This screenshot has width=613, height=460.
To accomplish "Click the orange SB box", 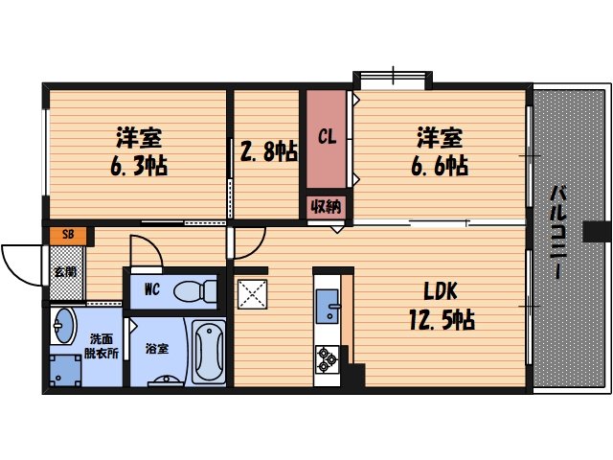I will point(67,234).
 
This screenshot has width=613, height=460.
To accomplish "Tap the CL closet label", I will point(327,136).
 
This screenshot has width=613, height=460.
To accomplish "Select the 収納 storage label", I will point(327,205).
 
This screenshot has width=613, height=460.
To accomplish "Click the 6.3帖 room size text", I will point(139,167).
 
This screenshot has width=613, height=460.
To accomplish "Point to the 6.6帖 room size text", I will point(440,166).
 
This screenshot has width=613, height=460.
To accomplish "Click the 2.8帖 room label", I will point(267,151).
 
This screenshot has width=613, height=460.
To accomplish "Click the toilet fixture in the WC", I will point(195,287).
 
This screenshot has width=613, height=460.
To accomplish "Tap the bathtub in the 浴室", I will point(208,352).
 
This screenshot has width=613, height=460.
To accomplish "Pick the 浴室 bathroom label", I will point(156,349).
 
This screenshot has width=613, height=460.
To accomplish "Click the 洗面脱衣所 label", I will point(102,346).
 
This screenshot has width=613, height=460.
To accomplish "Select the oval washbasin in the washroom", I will point(64,326).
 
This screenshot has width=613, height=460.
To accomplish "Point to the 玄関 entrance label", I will point(66,271).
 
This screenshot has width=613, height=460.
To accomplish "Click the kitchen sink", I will point(328,304).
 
